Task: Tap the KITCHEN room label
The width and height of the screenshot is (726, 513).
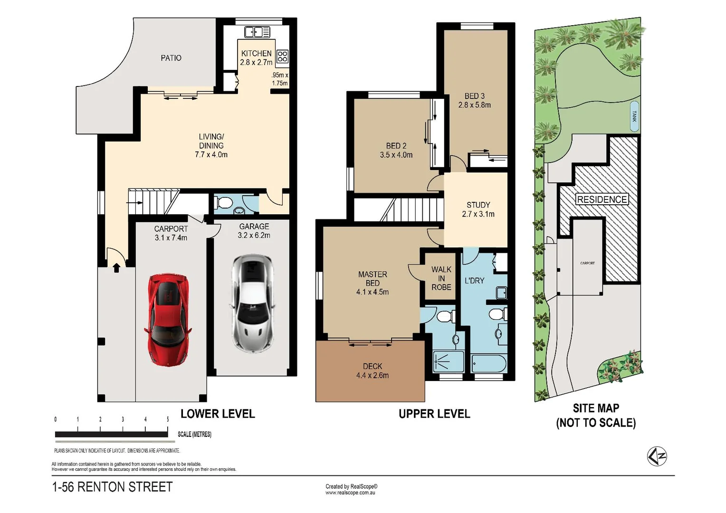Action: coord(256,54)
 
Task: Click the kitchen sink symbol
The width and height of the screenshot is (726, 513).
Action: coord(257,32)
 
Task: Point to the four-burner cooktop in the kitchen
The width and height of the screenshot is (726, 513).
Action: coord(282,57)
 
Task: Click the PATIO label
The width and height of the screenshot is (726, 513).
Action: coord(171,58)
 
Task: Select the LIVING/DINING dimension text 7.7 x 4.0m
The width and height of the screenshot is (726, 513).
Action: coord(211,155)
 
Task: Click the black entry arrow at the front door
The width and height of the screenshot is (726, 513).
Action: coord(116,268)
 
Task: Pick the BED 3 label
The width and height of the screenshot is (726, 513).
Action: coord(474,96)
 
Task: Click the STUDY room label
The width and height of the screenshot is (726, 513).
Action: coord(478,205)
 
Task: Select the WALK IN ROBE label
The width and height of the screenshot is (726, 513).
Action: coord(441,278)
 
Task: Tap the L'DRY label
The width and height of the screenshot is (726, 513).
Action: coord(474,281)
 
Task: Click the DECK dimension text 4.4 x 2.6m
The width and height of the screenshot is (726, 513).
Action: coord(373,376)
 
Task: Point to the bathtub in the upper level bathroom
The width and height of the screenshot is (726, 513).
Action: coord(488,364)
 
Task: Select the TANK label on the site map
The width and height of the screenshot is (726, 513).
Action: coord(634,116)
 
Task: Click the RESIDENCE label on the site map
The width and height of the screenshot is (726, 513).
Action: coord(602,199)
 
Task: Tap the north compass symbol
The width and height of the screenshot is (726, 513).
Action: coord(657,456)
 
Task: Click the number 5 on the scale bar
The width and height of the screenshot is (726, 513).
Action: coord(168,419)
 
